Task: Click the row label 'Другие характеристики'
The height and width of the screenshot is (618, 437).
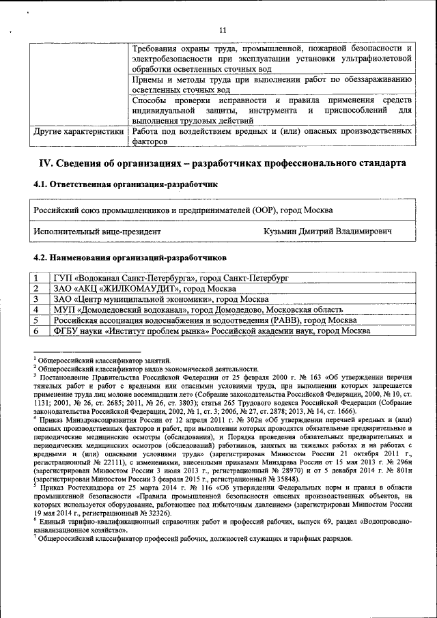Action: [x=79, y=130]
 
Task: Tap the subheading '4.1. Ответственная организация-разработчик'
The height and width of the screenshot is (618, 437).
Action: [x=125, y=184]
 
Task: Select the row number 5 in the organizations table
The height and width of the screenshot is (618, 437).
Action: [x=36, y=320]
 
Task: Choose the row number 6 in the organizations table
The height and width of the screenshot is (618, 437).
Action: [x=36, y=331]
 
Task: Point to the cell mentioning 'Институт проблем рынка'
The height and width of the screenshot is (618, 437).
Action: [x=212, y=331]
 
